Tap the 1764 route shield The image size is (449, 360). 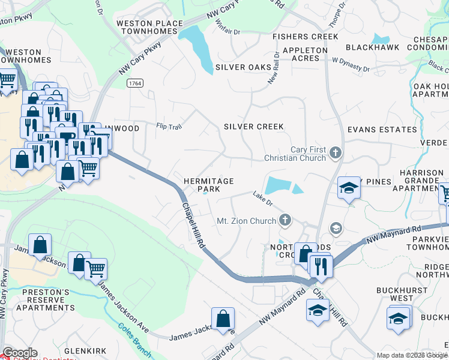[134, 85]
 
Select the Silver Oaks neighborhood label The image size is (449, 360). [243, 67]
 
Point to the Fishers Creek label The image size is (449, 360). [305, 37]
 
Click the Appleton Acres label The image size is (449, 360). [304, 54]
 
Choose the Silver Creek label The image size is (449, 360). [253, 127]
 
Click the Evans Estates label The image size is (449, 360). [382, 130]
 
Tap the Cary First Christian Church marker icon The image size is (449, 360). [335, 154]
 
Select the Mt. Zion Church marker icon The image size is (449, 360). [285, 220]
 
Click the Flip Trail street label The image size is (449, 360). [168, 126]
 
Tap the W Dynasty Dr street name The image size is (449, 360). [351, 64]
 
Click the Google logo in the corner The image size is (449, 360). [19, 353]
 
